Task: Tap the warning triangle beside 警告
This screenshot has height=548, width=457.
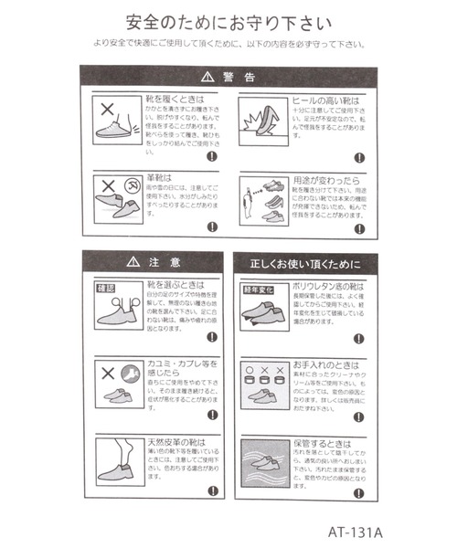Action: click(207, 78)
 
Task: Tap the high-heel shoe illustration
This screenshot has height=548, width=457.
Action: click(262, 117)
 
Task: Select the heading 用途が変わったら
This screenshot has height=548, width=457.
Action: click(320, 181)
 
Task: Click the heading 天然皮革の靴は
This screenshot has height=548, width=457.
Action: click(175, 443)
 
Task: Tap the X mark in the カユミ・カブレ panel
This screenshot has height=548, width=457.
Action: click(107, 374)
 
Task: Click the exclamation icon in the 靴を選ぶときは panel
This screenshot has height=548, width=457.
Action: click(212, 337)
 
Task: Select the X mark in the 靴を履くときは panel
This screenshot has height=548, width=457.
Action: click(107, 107)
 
